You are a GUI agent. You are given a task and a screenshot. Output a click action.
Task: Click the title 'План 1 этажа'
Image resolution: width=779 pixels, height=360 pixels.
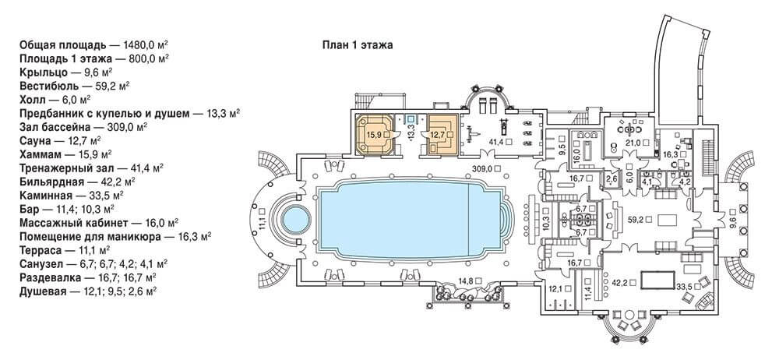tap(358, 46)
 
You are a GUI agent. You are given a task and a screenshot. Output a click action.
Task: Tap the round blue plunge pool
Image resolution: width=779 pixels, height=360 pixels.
tap(297, 219)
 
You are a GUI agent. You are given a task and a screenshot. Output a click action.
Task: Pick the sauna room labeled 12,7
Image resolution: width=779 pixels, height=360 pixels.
tap(442, 134)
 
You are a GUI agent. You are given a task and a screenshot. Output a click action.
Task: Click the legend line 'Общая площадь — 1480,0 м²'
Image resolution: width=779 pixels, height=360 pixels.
tap(94, 44)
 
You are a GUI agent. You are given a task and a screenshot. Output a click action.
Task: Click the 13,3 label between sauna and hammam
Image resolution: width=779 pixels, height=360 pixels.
tap(411, 134)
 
